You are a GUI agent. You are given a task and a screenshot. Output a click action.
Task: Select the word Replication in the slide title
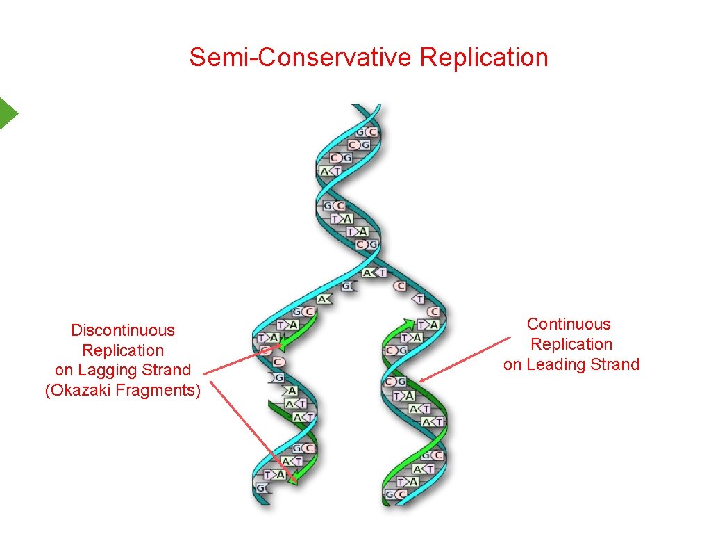(484, 57)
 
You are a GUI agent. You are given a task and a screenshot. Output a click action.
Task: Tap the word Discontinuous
(123, 330)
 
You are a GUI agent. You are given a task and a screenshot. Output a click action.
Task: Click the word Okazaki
(79, 390)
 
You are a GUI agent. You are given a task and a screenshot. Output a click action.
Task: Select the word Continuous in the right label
(569, 324)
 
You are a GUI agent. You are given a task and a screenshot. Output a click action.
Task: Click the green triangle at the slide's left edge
(7, 113)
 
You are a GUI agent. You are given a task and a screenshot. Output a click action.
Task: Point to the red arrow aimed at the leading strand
(464, 359)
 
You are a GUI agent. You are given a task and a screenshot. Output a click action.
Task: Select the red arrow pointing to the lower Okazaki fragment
(253, 430)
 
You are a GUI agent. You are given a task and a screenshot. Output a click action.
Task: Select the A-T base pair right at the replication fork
(375, 273)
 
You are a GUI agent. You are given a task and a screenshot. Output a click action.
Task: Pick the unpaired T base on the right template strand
(419, 298)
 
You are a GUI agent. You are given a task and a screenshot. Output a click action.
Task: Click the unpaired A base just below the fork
(324, 299)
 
